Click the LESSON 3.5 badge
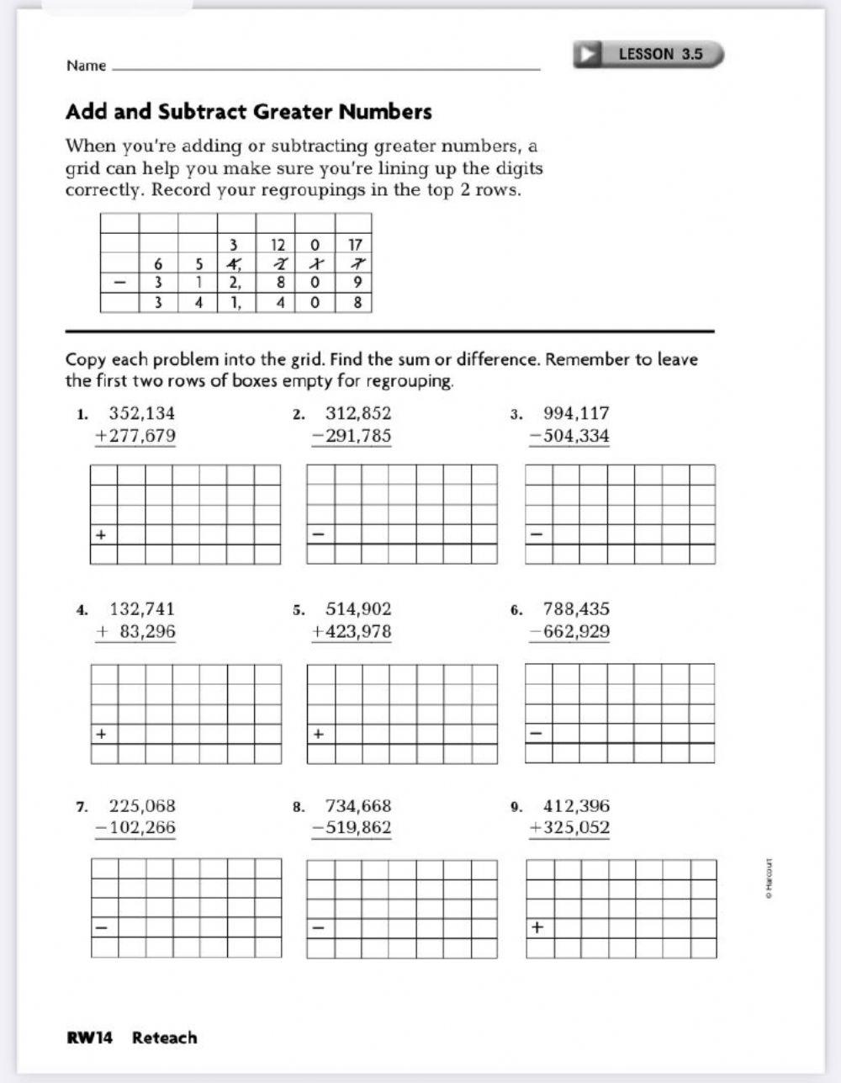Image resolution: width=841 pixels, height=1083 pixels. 648,55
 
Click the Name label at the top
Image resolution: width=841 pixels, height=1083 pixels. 86,66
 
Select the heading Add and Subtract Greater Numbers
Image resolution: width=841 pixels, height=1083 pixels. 249,112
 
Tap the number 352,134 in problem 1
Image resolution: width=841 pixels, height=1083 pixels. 142,413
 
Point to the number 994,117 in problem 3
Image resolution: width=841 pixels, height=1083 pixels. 576,413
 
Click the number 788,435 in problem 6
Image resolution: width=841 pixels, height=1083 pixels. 576,608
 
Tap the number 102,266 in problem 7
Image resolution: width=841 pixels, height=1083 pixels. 142,827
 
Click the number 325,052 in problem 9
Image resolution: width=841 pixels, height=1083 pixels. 576,827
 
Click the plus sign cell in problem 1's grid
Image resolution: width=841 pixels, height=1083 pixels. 103,534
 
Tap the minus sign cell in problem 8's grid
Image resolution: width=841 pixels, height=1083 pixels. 320,927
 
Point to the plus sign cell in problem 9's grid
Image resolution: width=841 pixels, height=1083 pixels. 538,927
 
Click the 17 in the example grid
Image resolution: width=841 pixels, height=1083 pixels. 354,245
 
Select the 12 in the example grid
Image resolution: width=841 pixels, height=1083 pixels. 277,245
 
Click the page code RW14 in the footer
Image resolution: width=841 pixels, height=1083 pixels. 89,1038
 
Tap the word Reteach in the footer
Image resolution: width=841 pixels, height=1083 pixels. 164,1038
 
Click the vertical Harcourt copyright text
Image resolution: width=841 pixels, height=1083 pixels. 769,879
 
